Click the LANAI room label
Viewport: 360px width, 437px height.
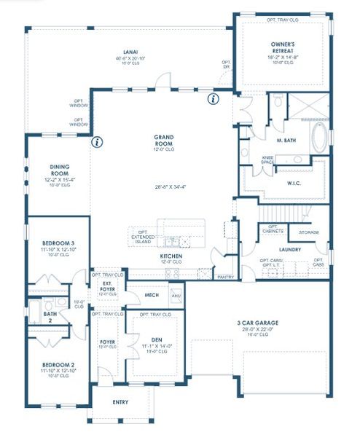[x=131, y=52]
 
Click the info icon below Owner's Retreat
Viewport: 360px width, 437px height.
[x=213, y=98]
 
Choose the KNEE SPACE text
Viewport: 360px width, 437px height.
[x=267, y=160]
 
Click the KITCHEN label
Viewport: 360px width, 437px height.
[x=171, y=256]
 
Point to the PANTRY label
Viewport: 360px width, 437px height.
[x=224, y=277]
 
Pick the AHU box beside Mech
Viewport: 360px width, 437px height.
[x=176, y=296]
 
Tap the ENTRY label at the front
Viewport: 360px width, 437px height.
[x=121, y=401]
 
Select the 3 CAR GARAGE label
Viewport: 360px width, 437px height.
[x=258, y=323]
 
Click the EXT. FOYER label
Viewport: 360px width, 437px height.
[x=106, y=286]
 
